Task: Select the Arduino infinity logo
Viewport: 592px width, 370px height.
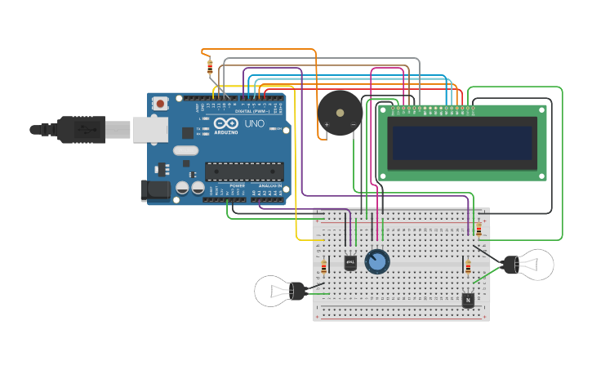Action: pyautogui.click(x=226, y=123)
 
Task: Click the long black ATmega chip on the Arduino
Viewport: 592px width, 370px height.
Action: pyautogui.click(x=244, y=171)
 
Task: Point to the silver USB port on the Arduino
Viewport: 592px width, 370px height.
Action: pyautogui.click(x=150, y=129)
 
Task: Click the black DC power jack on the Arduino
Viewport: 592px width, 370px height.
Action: pyautogui.click(x=155, y=190)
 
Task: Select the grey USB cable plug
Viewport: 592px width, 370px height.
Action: pyautogui.click(x=82, y=129)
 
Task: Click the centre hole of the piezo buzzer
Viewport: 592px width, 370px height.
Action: pyautogui.click(x=340, y=112)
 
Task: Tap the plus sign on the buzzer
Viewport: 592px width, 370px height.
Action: pyautogui.click(x=327, y=125)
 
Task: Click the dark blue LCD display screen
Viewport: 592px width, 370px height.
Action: pyautogui.click(x=462, y=143)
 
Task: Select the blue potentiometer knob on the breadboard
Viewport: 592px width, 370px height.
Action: pyautogui.click(x=377, y=261)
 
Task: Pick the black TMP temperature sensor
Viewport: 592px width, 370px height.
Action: pyautogui.click(x=350, y=262)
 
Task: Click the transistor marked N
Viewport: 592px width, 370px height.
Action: pyautogui.click(x=468, y=300)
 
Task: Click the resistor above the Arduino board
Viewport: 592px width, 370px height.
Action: pyautogui.click(x=210, y=66)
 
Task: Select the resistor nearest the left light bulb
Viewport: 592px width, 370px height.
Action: pyautogui.click(x=324, y=267)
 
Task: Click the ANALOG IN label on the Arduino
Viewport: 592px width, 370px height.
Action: pyautogui.click(x=270, y=186)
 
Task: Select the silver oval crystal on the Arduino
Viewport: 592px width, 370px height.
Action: pyautogui.click(x=185, y=149)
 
